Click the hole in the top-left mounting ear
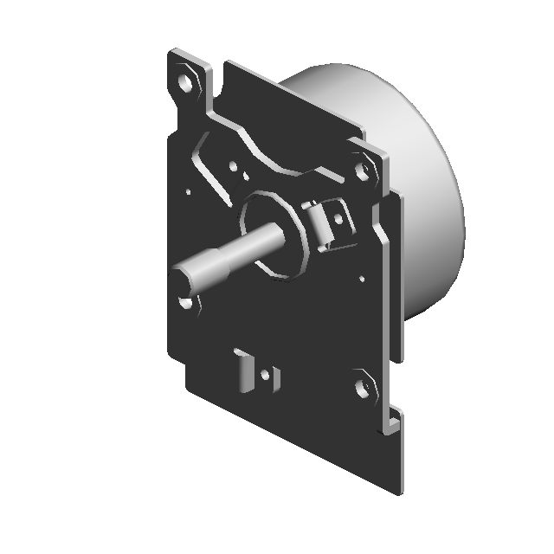pos(185,82)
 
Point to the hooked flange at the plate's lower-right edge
pos(393,424)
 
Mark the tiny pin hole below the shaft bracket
pos(361,279)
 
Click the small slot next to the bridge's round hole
pos(244,177)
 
